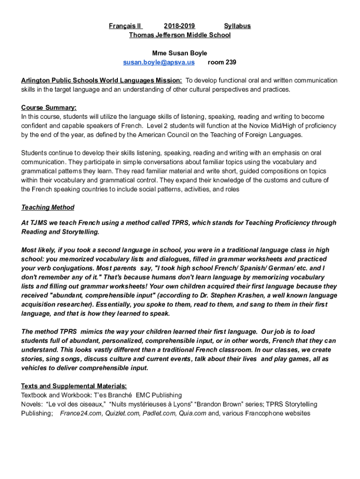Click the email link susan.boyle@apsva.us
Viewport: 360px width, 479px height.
pyautogui.click(x=158, y=62)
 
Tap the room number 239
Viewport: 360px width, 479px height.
pyautogui.click(x=222, y=62)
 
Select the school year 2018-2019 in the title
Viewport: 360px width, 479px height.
pyautogui.click(x=180, y=26)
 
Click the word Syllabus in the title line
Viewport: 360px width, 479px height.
pyautogui.click(x=237, y=26)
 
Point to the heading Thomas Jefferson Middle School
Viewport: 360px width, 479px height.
pyautogui.click(x=180, y=35)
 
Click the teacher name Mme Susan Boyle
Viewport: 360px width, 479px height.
pyautogui.click(x=180, y=53)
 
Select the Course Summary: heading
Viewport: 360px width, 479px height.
pyautogui.click(x=49, y=108)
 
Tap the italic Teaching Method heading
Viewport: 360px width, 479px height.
pyautogui.click(x=48, y=207)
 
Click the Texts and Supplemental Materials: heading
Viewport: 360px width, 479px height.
pyautogui.click(x=74, y=386)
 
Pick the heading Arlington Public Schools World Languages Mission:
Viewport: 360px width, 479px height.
pyautogui.click(x=101, y=80)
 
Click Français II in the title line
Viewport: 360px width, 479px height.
pyautogui.click(x=125, y=26)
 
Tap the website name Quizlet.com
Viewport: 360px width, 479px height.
pyautogui.click(x=122, y=414)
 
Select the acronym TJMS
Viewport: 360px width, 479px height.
pyautogui.click(x=38, y=223)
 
